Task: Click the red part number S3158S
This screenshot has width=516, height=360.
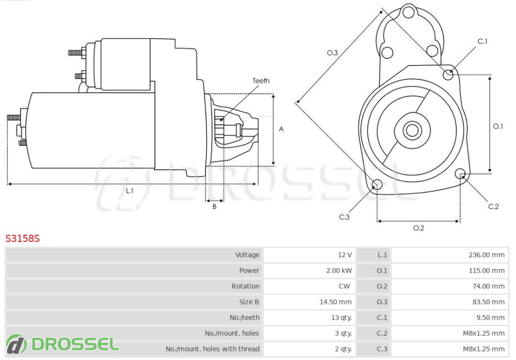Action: click(x=22, y=239)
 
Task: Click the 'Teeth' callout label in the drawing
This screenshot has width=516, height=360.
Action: click(x=261, y=80)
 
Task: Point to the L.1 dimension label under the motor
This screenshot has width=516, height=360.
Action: click(x=130, y=191)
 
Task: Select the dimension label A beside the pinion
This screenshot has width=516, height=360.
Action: click(x=281, y=129)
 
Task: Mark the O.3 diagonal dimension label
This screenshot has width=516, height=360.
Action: click(x=332, y=52)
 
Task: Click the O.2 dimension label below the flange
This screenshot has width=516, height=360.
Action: click(x=418, y=228)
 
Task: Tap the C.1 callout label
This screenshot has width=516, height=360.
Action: click(x=482, y=41)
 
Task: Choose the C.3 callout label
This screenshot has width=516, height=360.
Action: click(x=344, y=217)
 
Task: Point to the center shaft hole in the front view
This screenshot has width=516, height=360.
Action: click(x=412, y=130)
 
